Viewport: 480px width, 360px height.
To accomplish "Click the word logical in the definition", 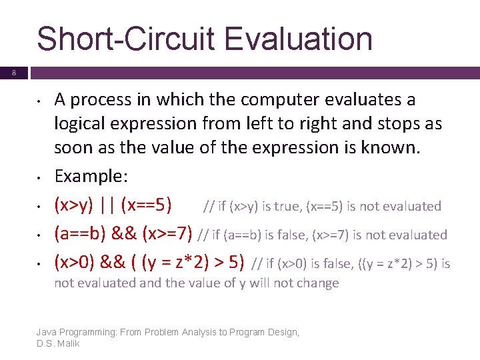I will point(79,123).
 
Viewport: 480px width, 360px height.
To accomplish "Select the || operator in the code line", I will point(107,205).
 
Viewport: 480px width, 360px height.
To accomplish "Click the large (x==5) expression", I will point(147,205).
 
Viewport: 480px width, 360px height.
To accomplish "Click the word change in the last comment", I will point(317,283).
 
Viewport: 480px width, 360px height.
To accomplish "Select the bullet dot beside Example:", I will point(41,177).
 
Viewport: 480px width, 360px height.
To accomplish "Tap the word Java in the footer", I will point(47,332).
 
